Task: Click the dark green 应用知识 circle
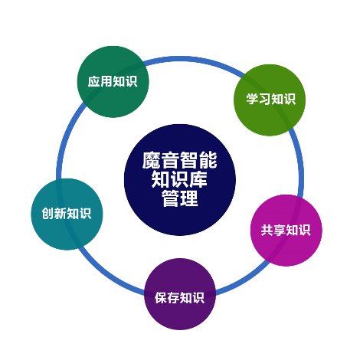[x=113, y=82]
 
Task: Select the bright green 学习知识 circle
[x=270, y=100]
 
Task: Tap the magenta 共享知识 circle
[x=286, y=231]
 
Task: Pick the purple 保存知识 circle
[x=180, y=294]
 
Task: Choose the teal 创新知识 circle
[x=67, y=214]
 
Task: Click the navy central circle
[x=180, y=180]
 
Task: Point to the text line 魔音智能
[x=180, y=160]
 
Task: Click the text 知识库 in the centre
[x=180, y=179]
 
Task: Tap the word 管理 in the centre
[x=180, y=198]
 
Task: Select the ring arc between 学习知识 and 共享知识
[x=300, y=163]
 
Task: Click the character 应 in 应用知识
[x=93, y=82]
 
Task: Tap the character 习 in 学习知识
[x=264, y=99]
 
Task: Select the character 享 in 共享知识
[x=280, y=230]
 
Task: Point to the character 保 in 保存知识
[x=161, y=298]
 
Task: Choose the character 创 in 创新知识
[x=47, y=214]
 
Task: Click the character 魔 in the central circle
[x=152, y=160]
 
